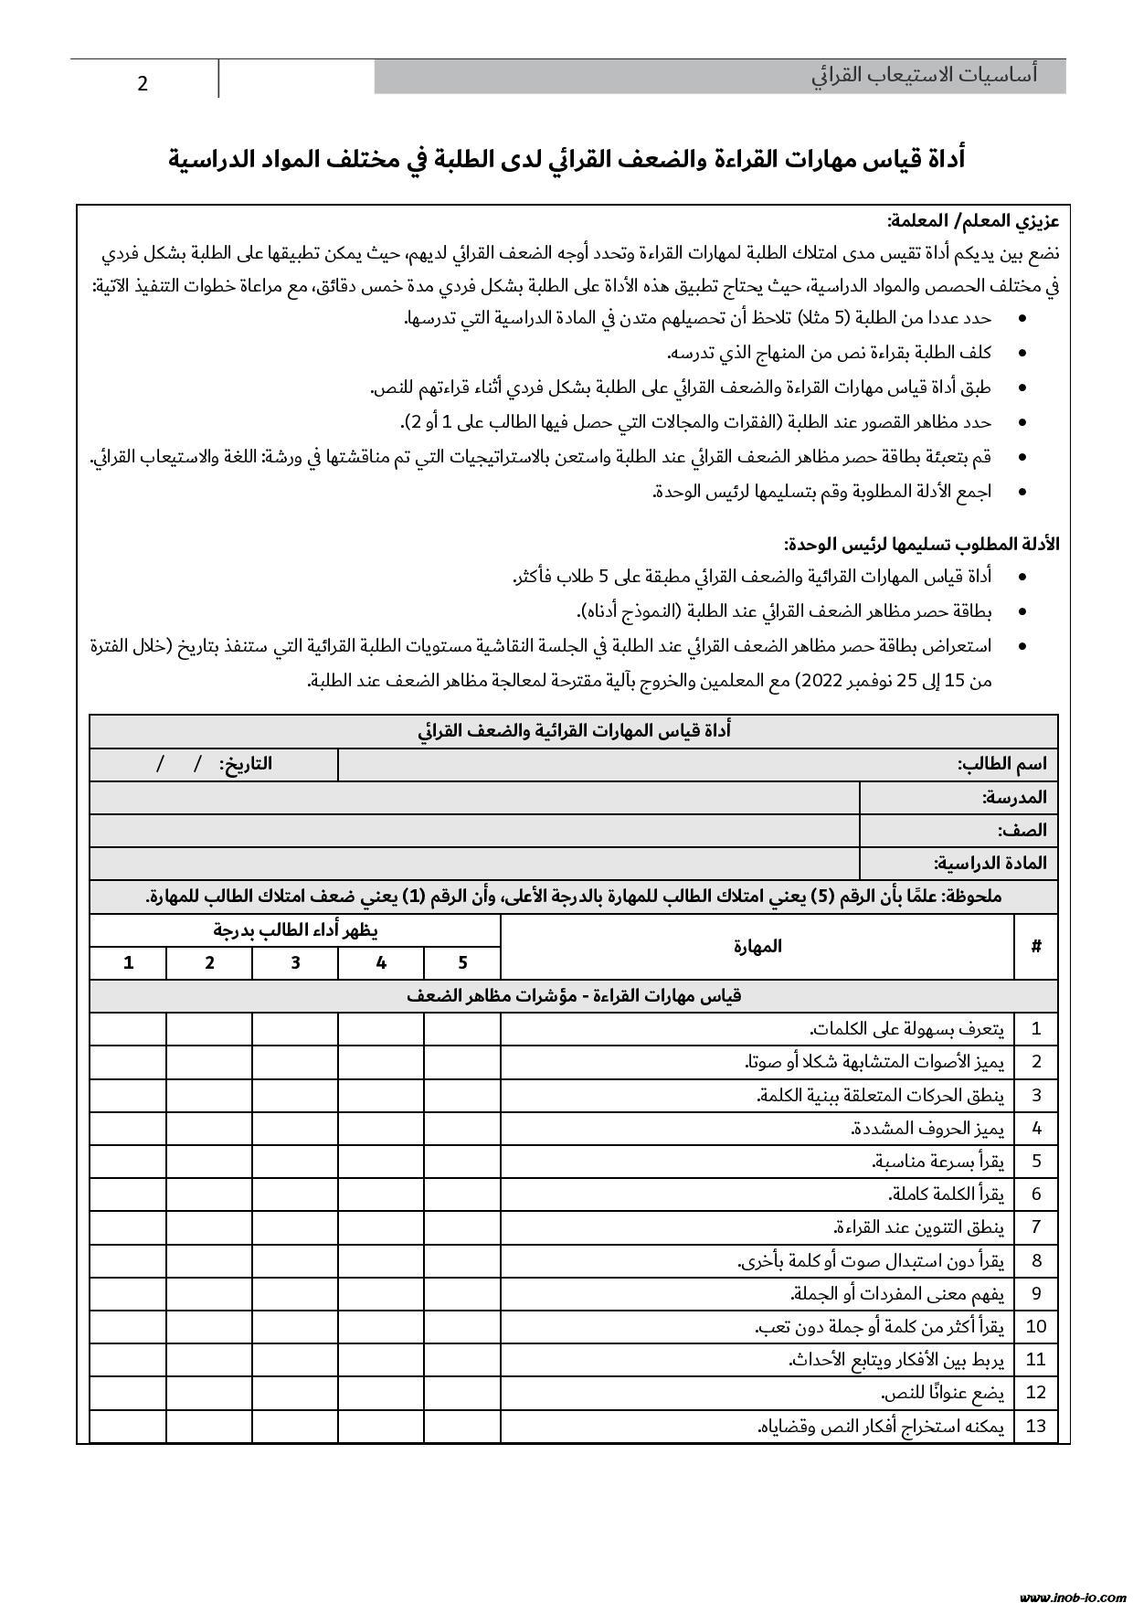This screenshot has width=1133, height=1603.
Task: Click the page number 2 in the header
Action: [x=143, y=84]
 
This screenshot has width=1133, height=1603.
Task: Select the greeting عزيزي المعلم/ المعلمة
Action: [x=972, y=221]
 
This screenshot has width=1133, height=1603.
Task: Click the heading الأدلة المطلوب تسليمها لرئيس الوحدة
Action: [x=921, y=544]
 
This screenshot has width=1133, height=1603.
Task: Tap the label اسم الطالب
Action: [x=1001, y=764]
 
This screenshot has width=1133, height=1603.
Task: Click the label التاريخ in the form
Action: [x=246, y=764]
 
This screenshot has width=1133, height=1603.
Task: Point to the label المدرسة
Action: [x=1014, y=797]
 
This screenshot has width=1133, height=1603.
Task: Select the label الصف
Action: [x=1022, y=830]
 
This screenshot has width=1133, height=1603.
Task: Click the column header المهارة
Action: [x=757, y=947]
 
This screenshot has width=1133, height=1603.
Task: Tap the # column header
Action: [x=1036, y=947]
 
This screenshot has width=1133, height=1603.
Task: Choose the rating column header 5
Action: [x=462, y=962]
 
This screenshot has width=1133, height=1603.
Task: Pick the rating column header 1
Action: [x=129, y=962]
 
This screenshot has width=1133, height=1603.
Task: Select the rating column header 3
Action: [x=295, y=962]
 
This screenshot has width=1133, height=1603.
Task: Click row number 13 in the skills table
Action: [x=1036, y=1426]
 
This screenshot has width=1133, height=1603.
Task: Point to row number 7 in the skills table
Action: [x=1036, y=1226]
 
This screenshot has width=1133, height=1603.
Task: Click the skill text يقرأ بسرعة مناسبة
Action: [x=938, y=1161]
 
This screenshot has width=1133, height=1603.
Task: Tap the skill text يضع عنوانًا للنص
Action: [x=942, y=1393]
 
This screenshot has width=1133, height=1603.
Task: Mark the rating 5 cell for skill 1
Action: [x=462, y=1028]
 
